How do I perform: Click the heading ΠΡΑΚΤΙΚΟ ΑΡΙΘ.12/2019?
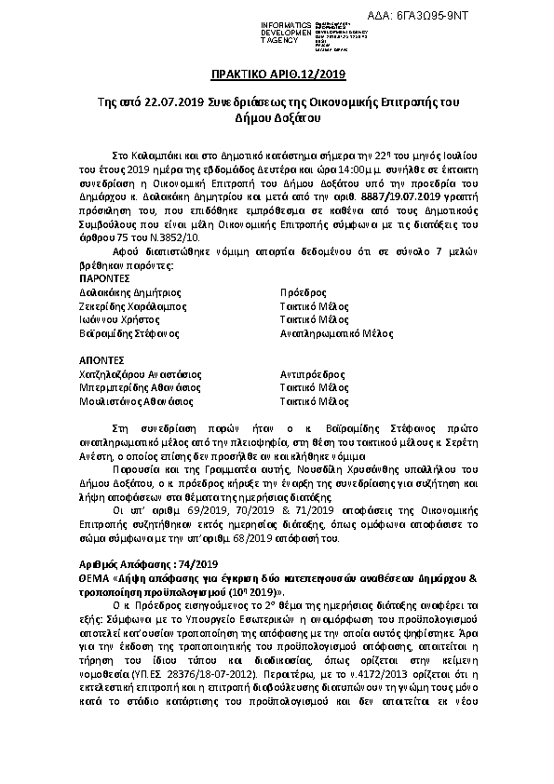pyautogui.click(x=277, y=74)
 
